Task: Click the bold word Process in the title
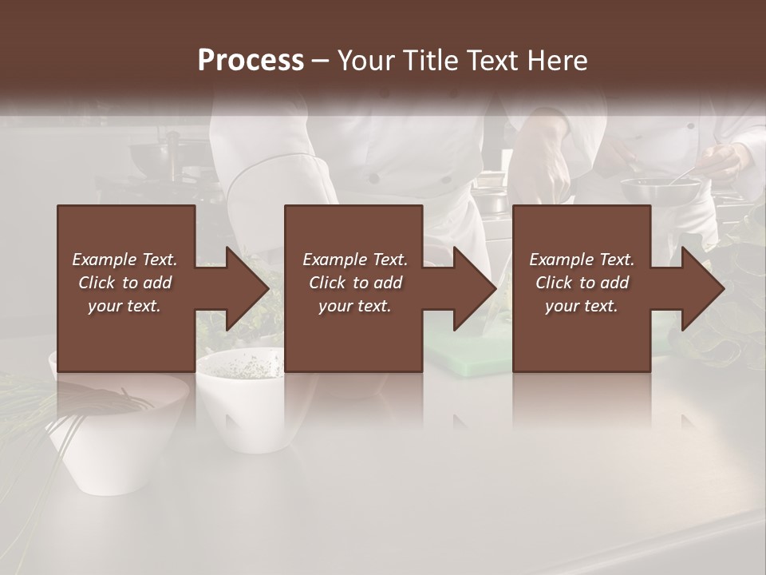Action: pyautogui.click(x=251, y=60)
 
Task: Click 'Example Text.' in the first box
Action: pyautogui.click(x=124, y=260)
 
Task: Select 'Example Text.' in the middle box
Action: pyautogui.click(x=354, y=260)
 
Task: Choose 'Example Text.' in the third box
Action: pyautogui.click(x=582, y=260)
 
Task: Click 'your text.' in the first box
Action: pyautogui.click(x=124, y=306)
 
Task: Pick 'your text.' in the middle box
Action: pyautogui.click(x=354, y=306)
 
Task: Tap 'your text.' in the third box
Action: pyautogui.click(x=582, y=306)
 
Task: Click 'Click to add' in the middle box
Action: pyautogui.click(x=354, y=283)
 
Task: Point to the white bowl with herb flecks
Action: pyautogui.click(x=239, y=399)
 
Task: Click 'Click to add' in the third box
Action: pyautogui.click(x=582, y=283)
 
